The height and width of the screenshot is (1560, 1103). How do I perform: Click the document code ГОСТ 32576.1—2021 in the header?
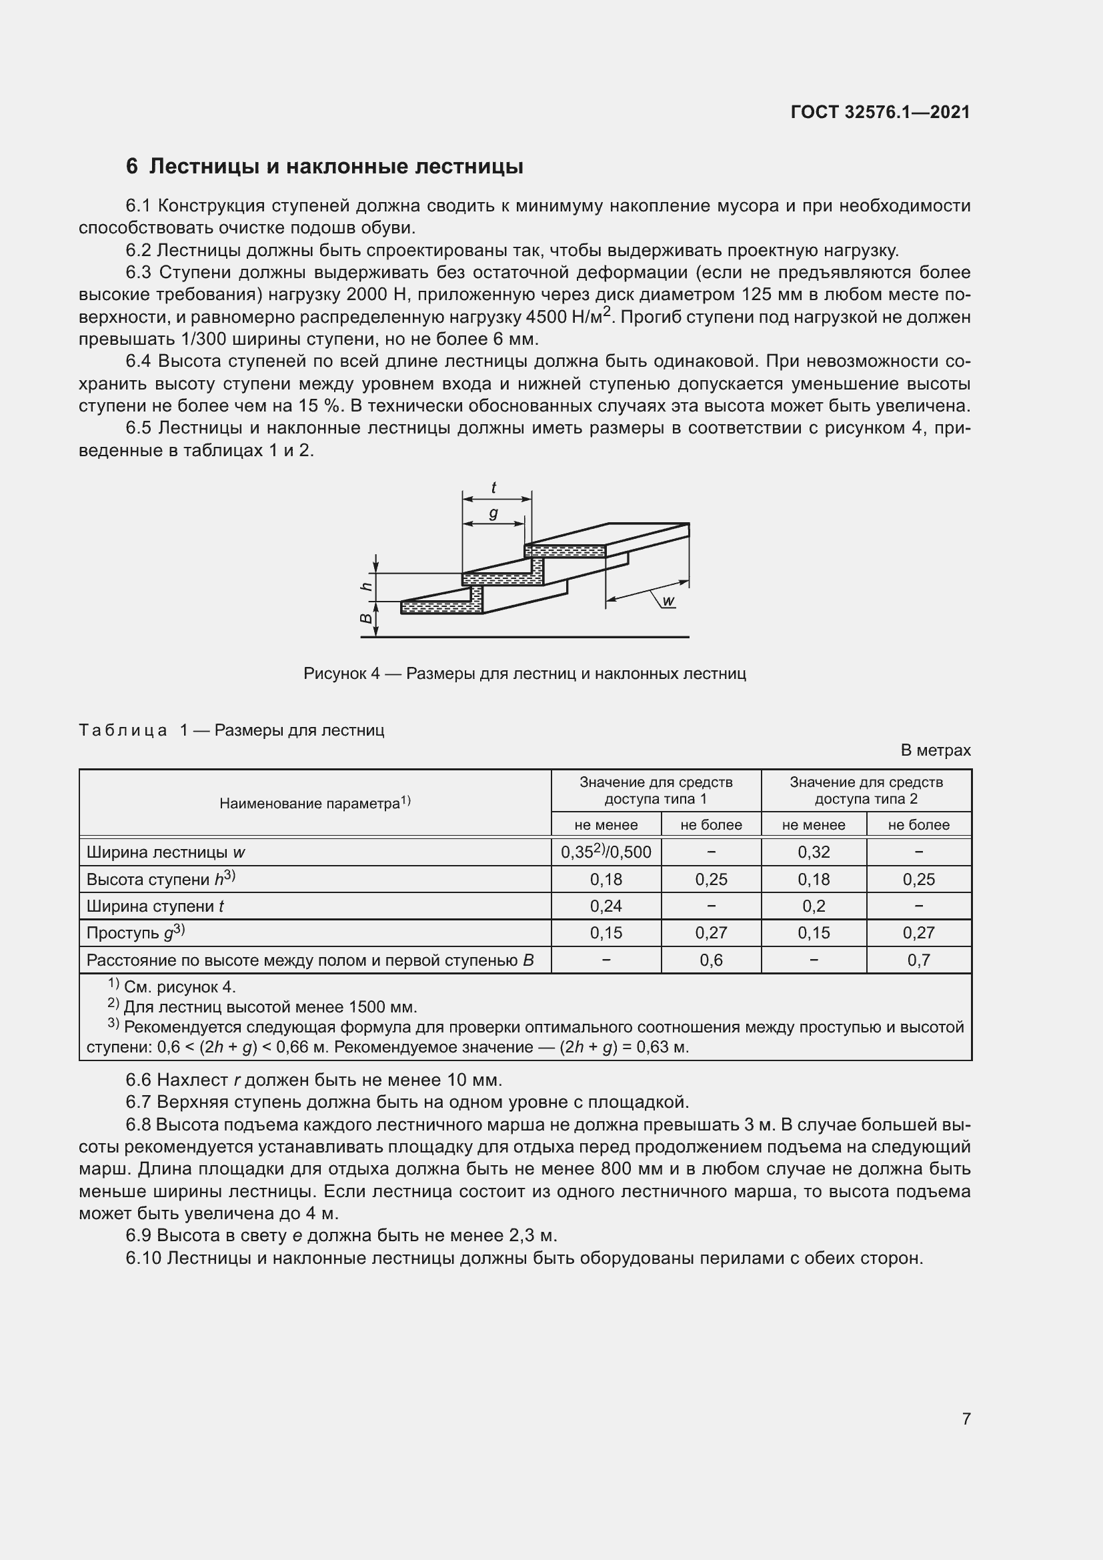pyautogui.click(x=880, y=112)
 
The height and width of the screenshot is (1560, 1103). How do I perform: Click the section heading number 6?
pyautogui.click(x=132, y=167)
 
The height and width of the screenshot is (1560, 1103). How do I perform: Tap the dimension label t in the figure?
pyautogui.click(x=493, y=487)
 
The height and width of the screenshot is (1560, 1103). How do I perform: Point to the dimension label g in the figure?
pyautogui.click(x=493, y=514)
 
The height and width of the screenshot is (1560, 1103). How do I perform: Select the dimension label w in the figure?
pyautogui.click(x=668, y=601)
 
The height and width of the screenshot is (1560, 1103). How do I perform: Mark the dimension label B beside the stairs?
pyautogui.click(x=367, y=619)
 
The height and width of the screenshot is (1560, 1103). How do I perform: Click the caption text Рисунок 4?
pyautogui.click(x=341, y=674)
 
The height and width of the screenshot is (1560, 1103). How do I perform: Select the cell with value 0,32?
pyautogui.click(x=813, y=852)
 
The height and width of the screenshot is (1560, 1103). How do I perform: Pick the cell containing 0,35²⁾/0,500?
pyautogui.click(x=606, y=852)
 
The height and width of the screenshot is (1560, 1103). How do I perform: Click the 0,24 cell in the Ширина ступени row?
pyautogui.click(x=606, y=906)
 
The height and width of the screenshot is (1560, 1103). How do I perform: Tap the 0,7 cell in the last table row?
pyautogui.click(x=918, y=960)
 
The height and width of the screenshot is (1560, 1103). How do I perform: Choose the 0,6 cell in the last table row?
pyautogui.click(x=710, y=960)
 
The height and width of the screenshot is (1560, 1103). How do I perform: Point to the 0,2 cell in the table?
pyautogui.click(x=813, y=906)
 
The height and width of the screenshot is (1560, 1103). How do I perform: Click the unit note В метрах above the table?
pyautogui.click(x=935, y=750)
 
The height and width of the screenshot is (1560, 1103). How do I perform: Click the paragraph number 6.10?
pyautogui.click(x=143, y=1258)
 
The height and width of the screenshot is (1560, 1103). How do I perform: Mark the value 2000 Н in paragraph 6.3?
pyautogui.click(x=375, y=295)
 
